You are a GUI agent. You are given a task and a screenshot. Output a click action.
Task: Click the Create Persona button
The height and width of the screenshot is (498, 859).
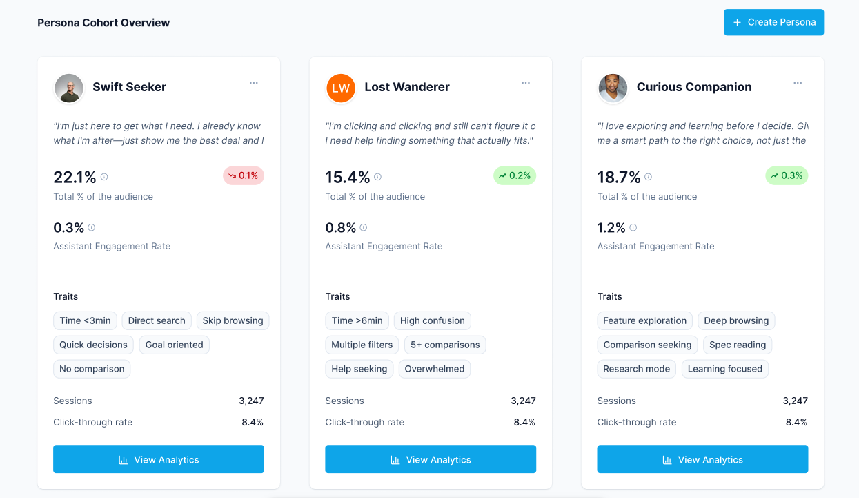[773, 22]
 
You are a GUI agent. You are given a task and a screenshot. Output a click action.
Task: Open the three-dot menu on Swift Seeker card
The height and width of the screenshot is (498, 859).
[254, 83]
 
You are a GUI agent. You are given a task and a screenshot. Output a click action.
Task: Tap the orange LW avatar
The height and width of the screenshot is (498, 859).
[341, 88]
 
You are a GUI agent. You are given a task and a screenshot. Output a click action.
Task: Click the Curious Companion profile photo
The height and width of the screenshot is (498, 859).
[613, 88]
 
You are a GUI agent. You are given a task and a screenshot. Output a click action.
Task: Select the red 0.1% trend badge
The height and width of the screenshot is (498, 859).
[244, 175]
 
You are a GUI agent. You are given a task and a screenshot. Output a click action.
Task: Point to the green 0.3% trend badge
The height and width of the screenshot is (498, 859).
[787, 175]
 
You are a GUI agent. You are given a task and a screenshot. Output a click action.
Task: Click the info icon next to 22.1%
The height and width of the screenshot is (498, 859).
[104, 177]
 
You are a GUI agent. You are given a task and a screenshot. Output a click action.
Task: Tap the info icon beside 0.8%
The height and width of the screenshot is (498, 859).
[364, 227]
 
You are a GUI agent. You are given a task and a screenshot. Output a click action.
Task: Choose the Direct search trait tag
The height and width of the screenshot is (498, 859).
[157, 320]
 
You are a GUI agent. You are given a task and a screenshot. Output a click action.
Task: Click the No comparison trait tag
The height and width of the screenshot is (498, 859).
[92, 369]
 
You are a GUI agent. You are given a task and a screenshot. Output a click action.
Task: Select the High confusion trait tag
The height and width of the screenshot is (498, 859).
[433, 320]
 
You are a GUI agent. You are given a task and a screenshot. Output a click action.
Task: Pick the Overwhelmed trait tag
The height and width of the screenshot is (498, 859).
[435, 369]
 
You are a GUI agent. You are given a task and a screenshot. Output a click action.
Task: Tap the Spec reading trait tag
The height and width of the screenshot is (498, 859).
[738, 345]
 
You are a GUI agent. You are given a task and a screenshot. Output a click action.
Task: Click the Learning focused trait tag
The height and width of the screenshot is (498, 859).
[724, 369]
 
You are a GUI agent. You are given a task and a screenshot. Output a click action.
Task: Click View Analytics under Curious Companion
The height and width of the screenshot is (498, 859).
[702, 459]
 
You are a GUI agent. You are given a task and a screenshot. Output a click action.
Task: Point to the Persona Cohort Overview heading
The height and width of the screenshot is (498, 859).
[103, 23]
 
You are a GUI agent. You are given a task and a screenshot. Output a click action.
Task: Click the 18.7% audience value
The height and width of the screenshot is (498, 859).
[619, 178]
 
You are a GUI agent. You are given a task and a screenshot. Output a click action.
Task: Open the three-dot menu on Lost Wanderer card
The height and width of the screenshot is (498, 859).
[526, 83]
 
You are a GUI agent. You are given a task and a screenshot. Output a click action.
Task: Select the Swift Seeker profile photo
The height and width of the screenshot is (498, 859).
[69, 88]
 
